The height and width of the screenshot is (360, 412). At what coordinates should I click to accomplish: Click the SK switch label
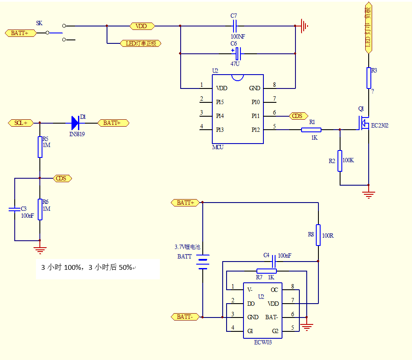point(39,23)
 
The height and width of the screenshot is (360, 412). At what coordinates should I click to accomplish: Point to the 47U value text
point(235,63)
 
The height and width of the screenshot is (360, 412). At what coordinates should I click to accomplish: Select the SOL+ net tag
point(21,123)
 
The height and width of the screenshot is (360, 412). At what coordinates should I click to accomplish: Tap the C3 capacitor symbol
point(14,209)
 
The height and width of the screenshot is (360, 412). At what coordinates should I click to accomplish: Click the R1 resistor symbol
point(311,129)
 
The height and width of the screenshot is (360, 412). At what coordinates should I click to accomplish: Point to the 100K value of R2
point(348,160)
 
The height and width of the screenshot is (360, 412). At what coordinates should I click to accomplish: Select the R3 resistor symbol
point(369,78)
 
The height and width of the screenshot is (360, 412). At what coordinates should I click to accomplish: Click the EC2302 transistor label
point(380,126)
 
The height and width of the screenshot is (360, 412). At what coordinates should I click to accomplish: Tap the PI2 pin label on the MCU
point(256,130)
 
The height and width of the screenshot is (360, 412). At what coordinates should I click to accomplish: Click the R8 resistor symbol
point(318,235)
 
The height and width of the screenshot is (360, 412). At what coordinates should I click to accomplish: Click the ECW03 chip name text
point(263,342)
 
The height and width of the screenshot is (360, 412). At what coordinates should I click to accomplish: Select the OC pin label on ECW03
point(274,290)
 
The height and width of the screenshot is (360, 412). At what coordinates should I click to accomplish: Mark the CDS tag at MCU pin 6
point(297,116)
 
